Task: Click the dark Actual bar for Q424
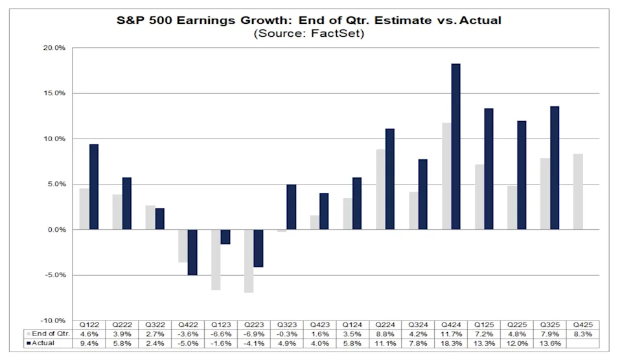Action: point(456,146)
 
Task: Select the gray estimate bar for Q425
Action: point(578,192)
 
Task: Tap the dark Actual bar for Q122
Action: point(94,186)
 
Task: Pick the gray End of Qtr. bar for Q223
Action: point(249,261)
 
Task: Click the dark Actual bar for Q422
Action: point(192,252)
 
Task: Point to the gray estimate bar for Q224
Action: point(380,189)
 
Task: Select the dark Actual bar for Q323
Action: point(292,207)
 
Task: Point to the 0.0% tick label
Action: point(55,230)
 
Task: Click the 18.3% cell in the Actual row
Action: point(452,343)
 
